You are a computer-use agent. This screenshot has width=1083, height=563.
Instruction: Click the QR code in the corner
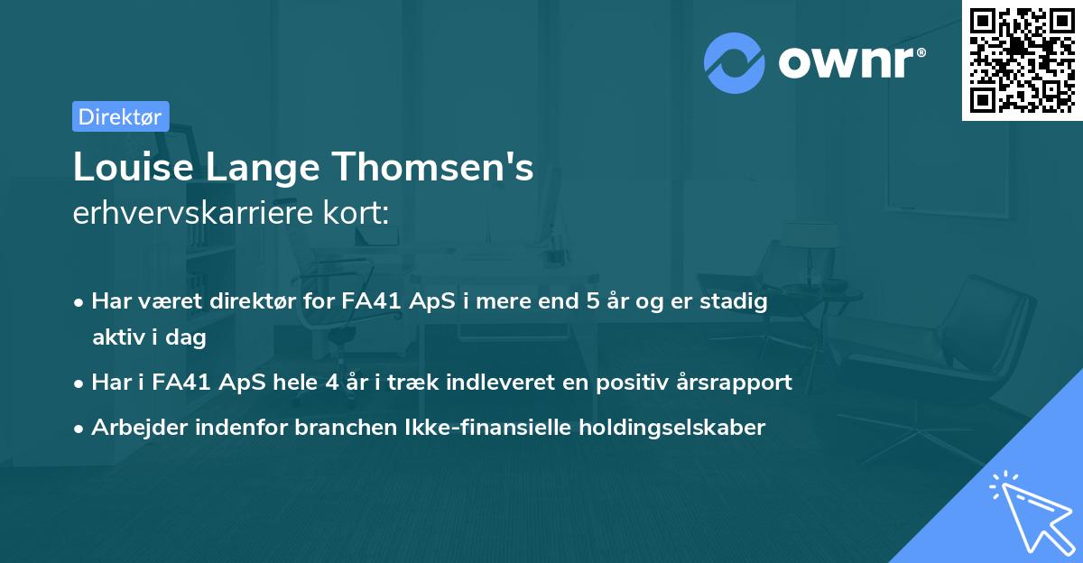click(1023, 60)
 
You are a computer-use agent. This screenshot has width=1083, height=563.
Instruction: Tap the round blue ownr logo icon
click(735, 63)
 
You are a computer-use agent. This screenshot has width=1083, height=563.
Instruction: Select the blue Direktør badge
click(120, 116)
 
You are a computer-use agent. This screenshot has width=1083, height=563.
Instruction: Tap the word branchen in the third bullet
click(338, 428)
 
